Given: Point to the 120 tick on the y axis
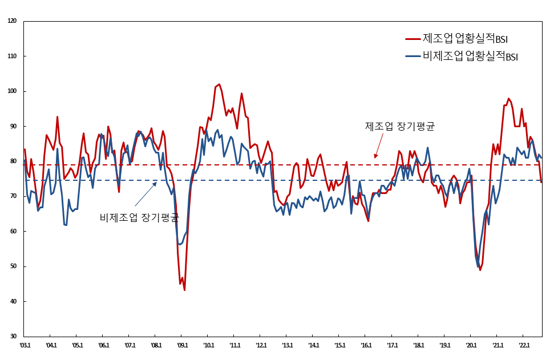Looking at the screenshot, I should click(x=13, y=21).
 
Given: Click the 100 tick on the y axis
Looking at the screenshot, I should click(x=13, y=91).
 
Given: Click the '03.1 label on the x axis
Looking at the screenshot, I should click(x=25, y=345).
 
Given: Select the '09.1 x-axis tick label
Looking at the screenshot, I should click(x=182, y=345).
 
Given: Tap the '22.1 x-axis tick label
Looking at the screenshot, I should click(x=524, y=345).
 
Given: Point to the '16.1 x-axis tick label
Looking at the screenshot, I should click(x=366, y=345).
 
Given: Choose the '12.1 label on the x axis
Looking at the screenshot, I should click(x=261, y=345).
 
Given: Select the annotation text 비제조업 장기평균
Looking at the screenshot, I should click(x=139, y=217).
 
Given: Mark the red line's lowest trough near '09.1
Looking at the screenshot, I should click(x=184, y=290).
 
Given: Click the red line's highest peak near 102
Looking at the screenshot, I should click(x=220, y=84).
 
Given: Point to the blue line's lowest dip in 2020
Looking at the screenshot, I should click(x=478, y=266).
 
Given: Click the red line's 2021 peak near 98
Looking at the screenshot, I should click(x=509, y=99).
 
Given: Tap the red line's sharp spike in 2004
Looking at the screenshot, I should click(x=57, y=117).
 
